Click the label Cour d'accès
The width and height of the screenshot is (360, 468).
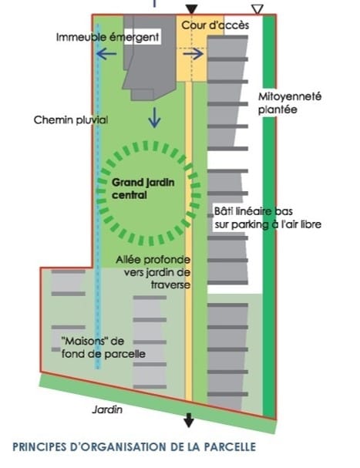pyautogui.click(x=215, y=25)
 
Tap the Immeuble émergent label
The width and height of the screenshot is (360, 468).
pyautogui.click(x=107, y=37)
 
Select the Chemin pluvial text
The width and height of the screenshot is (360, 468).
pyautogui.click(x=71, y=120)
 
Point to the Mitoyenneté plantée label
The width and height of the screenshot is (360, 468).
pyautogui.click(x=290, y=103)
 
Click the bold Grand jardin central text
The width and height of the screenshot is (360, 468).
pyautogui.click(x=143, y=189)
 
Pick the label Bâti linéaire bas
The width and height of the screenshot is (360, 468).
pyautogui.click(x=254, y=211)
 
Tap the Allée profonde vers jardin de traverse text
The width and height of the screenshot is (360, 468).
pyautogui.click(x=153, y=272)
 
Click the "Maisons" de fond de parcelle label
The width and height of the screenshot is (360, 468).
pyautogui.click(x=103, y=348)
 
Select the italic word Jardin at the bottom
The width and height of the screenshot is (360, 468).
pyautogui.click(x=107, y=409)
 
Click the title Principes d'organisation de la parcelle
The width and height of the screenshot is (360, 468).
pyautogui.click(x=134, y=447)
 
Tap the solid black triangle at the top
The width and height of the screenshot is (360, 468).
pyautogui.click(x=191, y=9)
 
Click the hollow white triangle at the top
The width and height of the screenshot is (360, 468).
pyautogui.click(x=257, y=9)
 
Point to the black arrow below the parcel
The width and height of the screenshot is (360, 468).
pyautogui.click(x=189, y=420)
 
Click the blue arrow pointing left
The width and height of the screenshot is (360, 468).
pyautogui.click(x=106, y=54)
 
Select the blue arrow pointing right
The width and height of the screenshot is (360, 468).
pyautogui.click(x=193, y=54)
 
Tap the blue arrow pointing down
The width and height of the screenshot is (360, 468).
pyautogui.click(x=154, y=118)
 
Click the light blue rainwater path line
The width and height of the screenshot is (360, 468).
pyautogui.click(x=98, y=197)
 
